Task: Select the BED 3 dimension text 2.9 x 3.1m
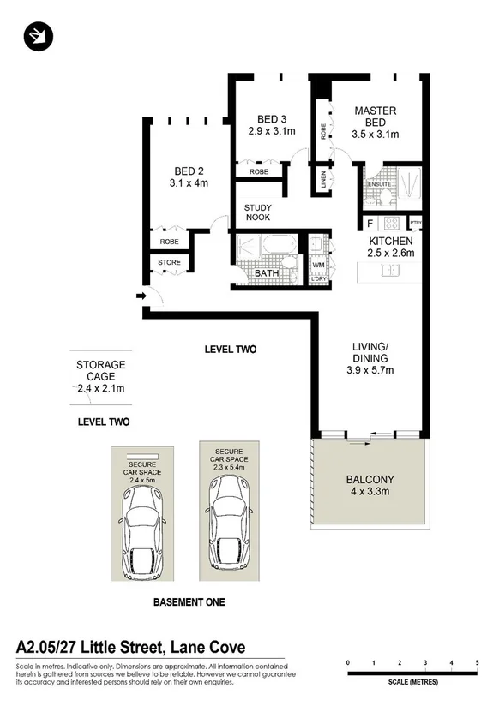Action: [x=271, y=131]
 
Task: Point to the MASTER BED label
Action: [x=375, y=116]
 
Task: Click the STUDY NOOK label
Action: [x=258, y=213]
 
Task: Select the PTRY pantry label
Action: [x=416, y=224]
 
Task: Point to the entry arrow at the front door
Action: [x=141, y=297]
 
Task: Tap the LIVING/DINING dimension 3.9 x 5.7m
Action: [x=370, y=371]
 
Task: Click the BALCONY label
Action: [x=369, y=480]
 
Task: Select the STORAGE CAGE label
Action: [x=101, y=370]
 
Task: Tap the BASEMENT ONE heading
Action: [x=189, y=602]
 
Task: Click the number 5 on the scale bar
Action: [x=476, y=663]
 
